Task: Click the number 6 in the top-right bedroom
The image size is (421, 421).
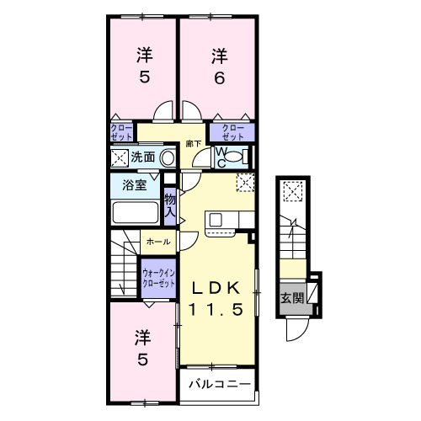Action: click(x=219, y=77)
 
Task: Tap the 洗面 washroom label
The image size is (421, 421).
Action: click(x=143, y=157)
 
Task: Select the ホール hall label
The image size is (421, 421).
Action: click(x=157, y=242)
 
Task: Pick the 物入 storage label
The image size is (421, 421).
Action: click(x=169, y=205)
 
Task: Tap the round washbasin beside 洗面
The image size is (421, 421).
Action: click(x=168, y=157)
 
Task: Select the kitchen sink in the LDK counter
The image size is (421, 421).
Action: click(x=216, y=221)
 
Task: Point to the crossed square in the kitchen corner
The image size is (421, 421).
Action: click(x=245, y=182)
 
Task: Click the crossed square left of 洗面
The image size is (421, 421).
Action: click(x=119, y=157)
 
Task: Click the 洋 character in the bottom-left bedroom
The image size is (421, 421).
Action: click(x=142, y=338)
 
